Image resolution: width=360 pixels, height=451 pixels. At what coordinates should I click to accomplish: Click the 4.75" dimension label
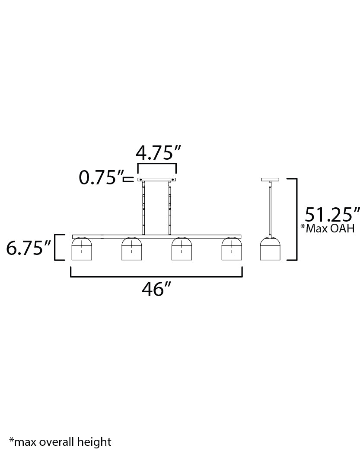pyautogui.click(x=157, y=153)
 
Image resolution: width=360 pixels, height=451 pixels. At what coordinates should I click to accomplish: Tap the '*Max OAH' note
pyautogui.click(x=327, y=229)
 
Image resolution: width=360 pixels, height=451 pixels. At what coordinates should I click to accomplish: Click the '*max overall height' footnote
pyautogui.click(x=60, y=441)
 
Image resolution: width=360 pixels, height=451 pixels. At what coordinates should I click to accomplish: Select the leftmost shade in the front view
pyautogui.click(x=82, y=250)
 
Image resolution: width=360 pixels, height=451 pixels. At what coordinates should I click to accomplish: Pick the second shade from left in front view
pyautogui.click(x=132, y=250)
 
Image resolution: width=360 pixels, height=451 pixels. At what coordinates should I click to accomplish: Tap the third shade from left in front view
pyautogui.click(x=182, y=250)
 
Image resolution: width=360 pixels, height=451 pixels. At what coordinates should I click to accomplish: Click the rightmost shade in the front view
pyautogui.click(x=232, y=250)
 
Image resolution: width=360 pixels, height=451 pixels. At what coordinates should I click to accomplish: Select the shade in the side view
pyautogui.click(x=270, y=250)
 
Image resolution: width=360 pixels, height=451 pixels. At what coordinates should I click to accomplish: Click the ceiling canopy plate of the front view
pyautogui.click(x=156, y=179)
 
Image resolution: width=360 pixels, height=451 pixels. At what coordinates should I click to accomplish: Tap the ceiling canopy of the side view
pyautogui.click(x=270, y=179)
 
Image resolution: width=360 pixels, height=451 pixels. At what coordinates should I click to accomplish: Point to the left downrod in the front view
pyautogui.click(x=143, y=208)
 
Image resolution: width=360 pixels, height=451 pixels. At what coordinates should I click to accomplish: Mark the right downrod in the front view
pyautogui.click(x=170, y=208)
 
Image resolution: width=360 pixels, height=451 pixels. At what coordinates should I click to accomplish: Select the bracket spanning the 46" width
pyautogui.click(x=156, y=275)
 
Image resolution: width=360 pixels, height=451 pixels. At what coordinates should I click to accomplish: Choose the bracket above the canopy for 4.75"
pyautogui.click(x=157, y=164)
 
